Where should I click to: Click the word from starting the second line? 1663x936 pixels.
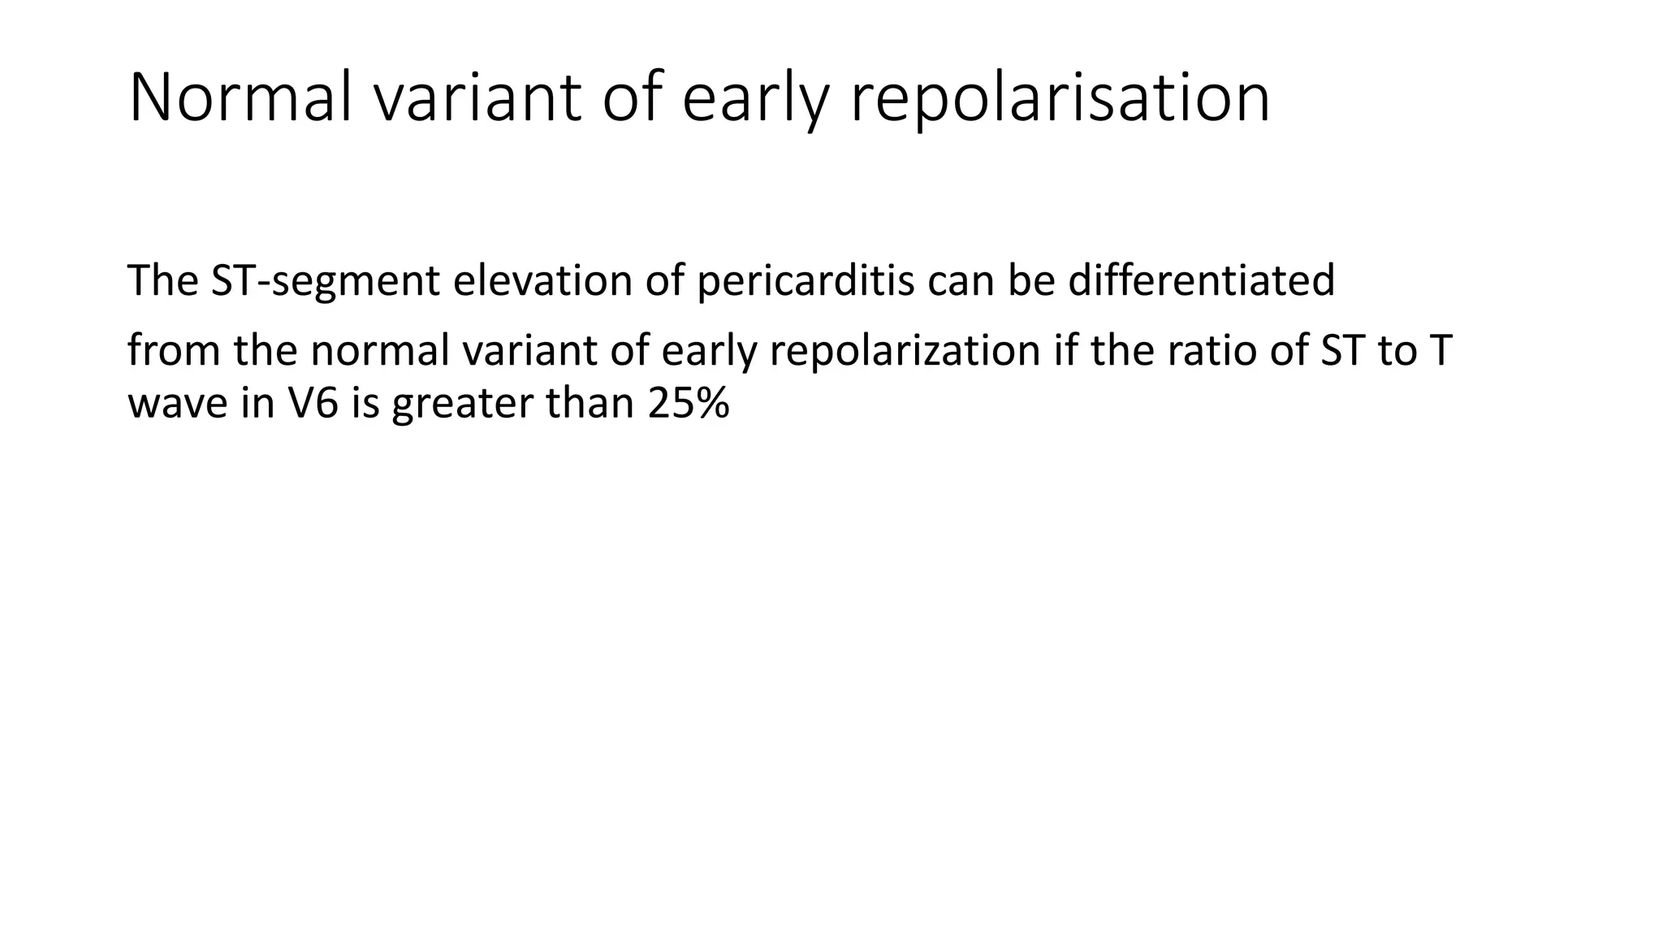(x=173, y=351)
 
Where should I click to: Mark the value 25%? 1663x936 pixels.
(x=689, y=403)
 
